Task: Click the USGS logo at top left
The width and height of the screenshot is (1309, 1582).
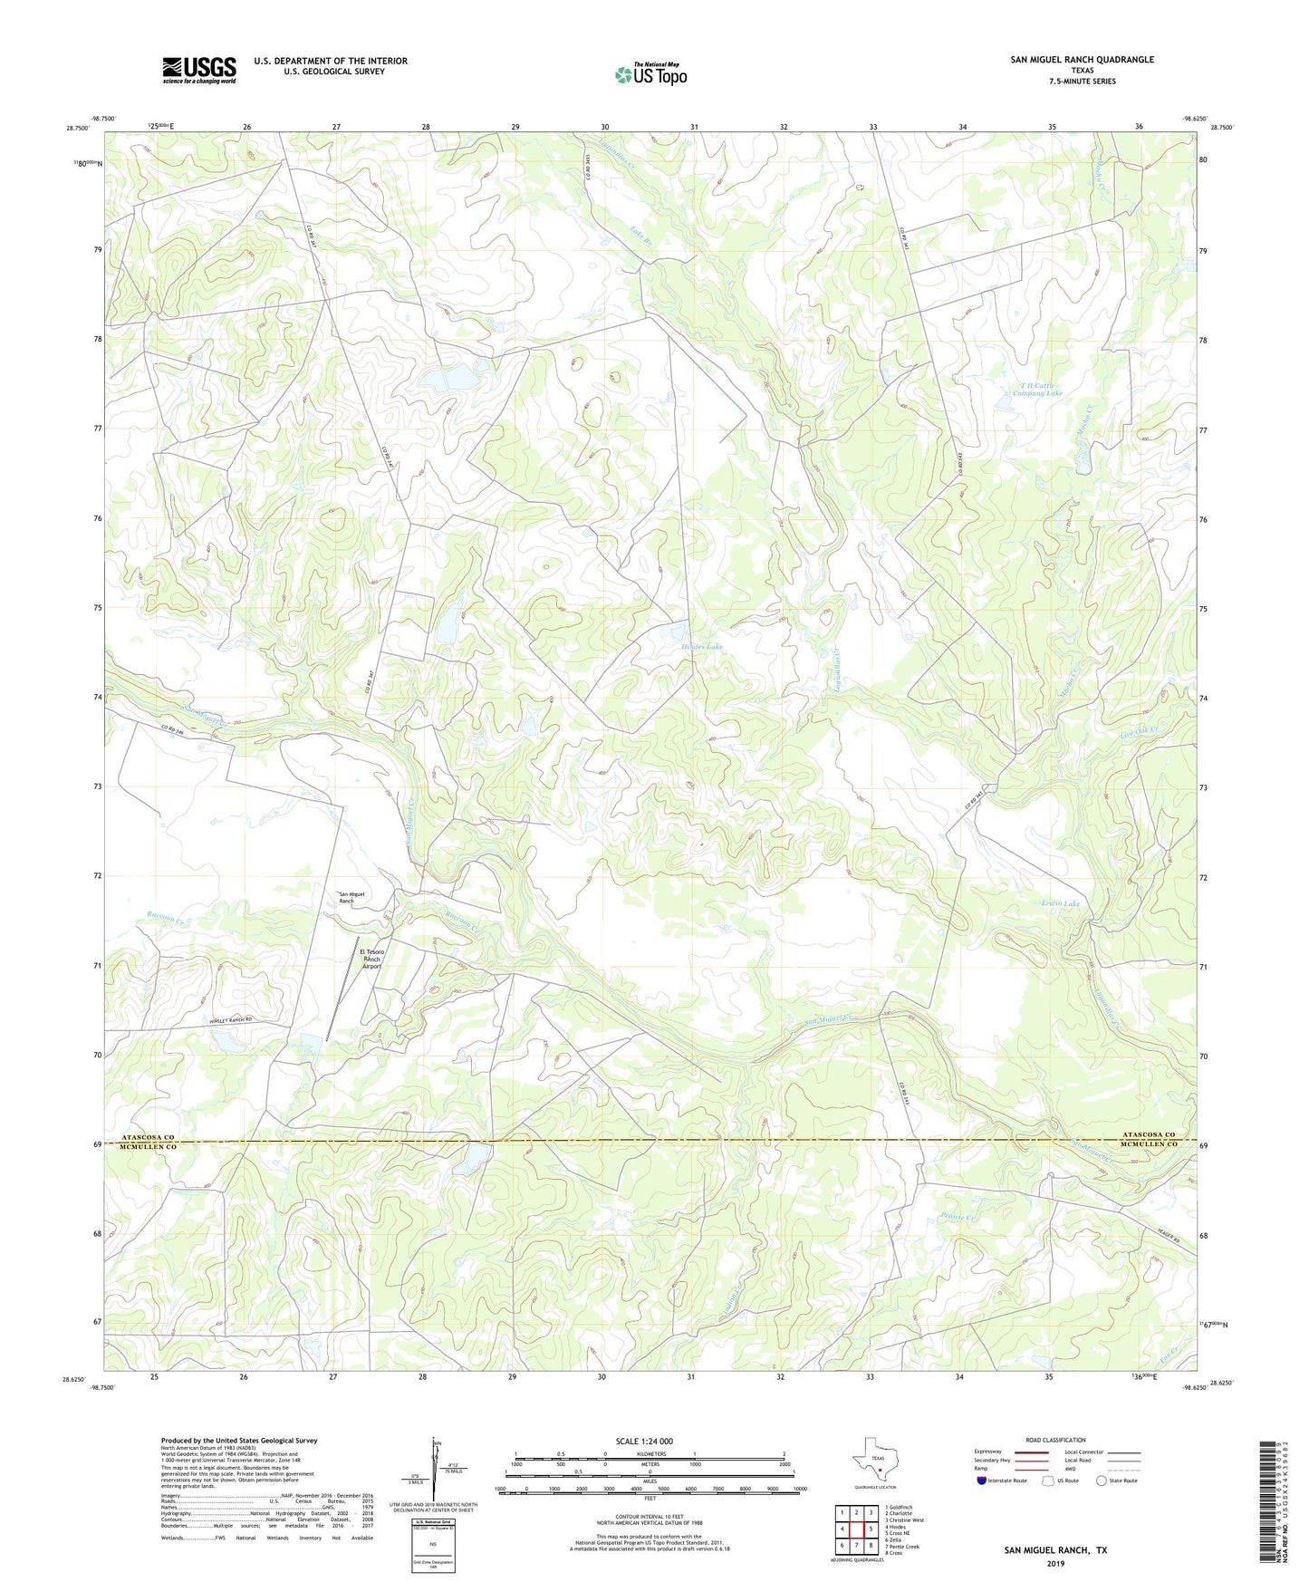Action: click(198, 70)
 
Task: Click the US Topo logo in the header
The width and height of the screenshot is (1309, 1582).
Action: click(650, 73)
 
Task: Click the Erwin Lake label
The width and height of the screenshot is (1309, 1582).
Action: click(1060, 903)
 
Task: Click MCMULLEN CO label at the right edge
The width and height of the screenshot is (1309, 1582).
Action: click(1147, 1145)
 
